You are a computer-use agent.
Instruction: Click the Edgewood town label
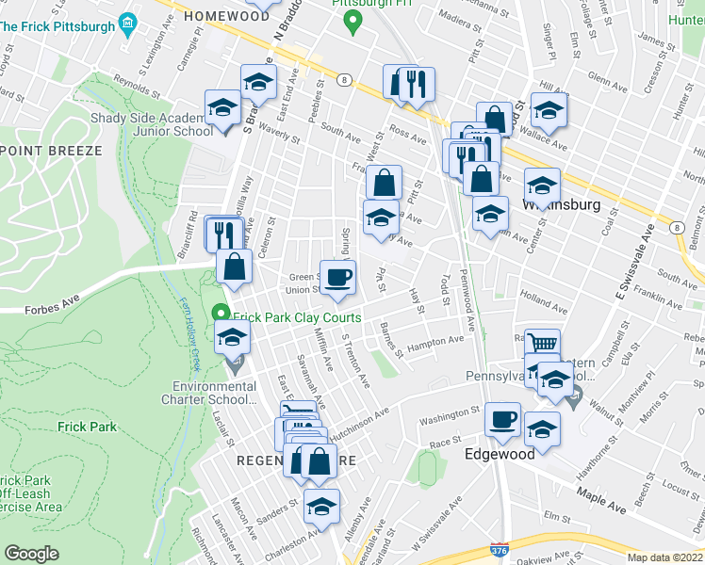(x=499, y=453)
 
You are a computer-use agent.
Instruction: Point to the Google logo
(x=31, y=554)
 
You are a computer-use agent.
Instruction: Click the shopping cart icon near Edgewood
(x=542, y=345)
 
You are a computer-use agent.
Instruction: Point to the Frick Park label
(x=87, y=427)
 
